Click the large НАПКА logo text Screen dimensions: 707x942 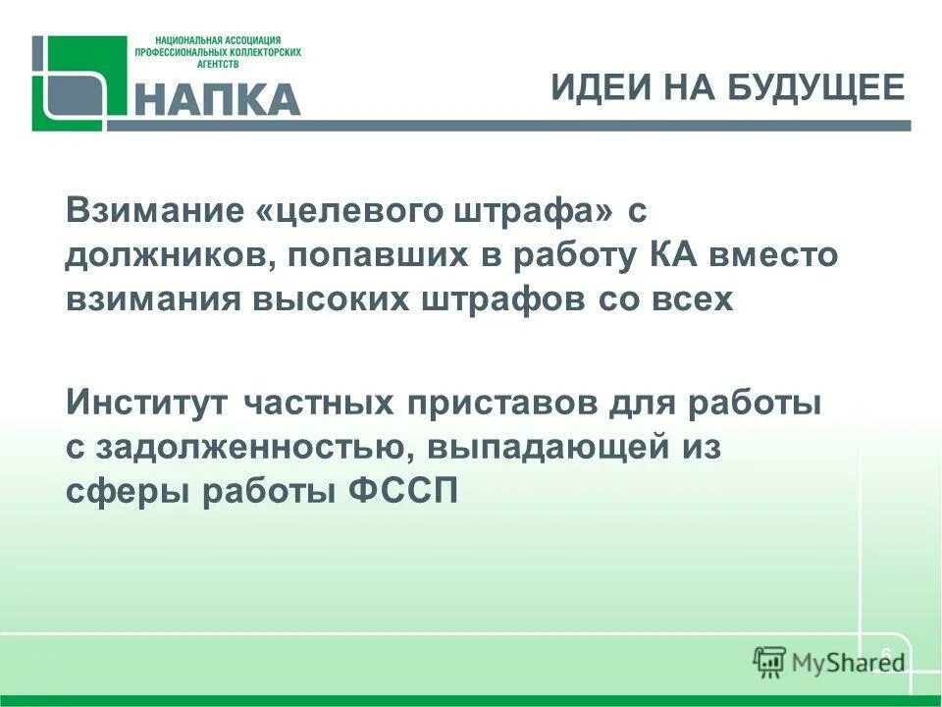pos(216,99)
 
